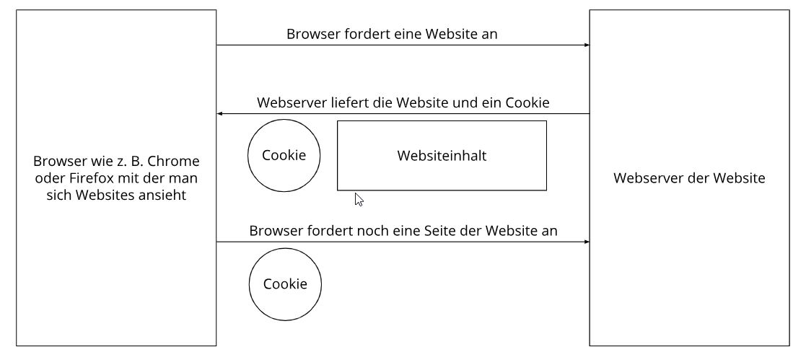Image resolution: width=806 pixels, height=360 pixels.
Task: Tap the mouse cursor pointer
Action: [x=359, y=200]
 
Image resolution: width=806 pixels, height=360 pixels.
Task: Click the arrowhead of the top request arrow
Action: [x=587, y=45]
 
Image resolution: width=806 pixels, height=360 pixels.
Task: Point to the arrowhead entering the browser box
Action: [x=219, y=114]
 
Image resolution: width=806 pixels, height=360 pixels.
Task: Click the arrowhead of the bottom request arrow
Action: [x=587, y=242]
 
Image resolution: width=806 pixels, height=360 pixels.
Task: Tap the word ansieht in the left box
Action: [x=162, y=196]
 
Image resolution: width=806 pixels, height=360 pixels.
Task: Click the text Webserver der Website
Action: [x=689, y=178]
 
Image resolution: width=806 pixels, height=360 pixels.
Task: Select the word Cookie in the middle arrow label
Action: [x=528, y=102]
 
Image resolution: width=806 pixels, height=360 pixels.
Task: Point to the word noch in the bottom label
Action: [x=372, y=230]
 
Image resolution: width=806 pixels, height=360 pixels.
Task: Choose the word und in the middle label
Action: [x=465, y=102]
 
